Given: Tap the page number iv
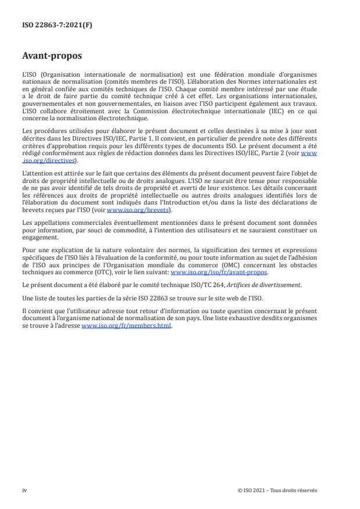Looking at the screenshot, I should point(24,490).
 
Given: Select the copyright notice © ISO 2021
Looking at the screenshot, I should point(277,490).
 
